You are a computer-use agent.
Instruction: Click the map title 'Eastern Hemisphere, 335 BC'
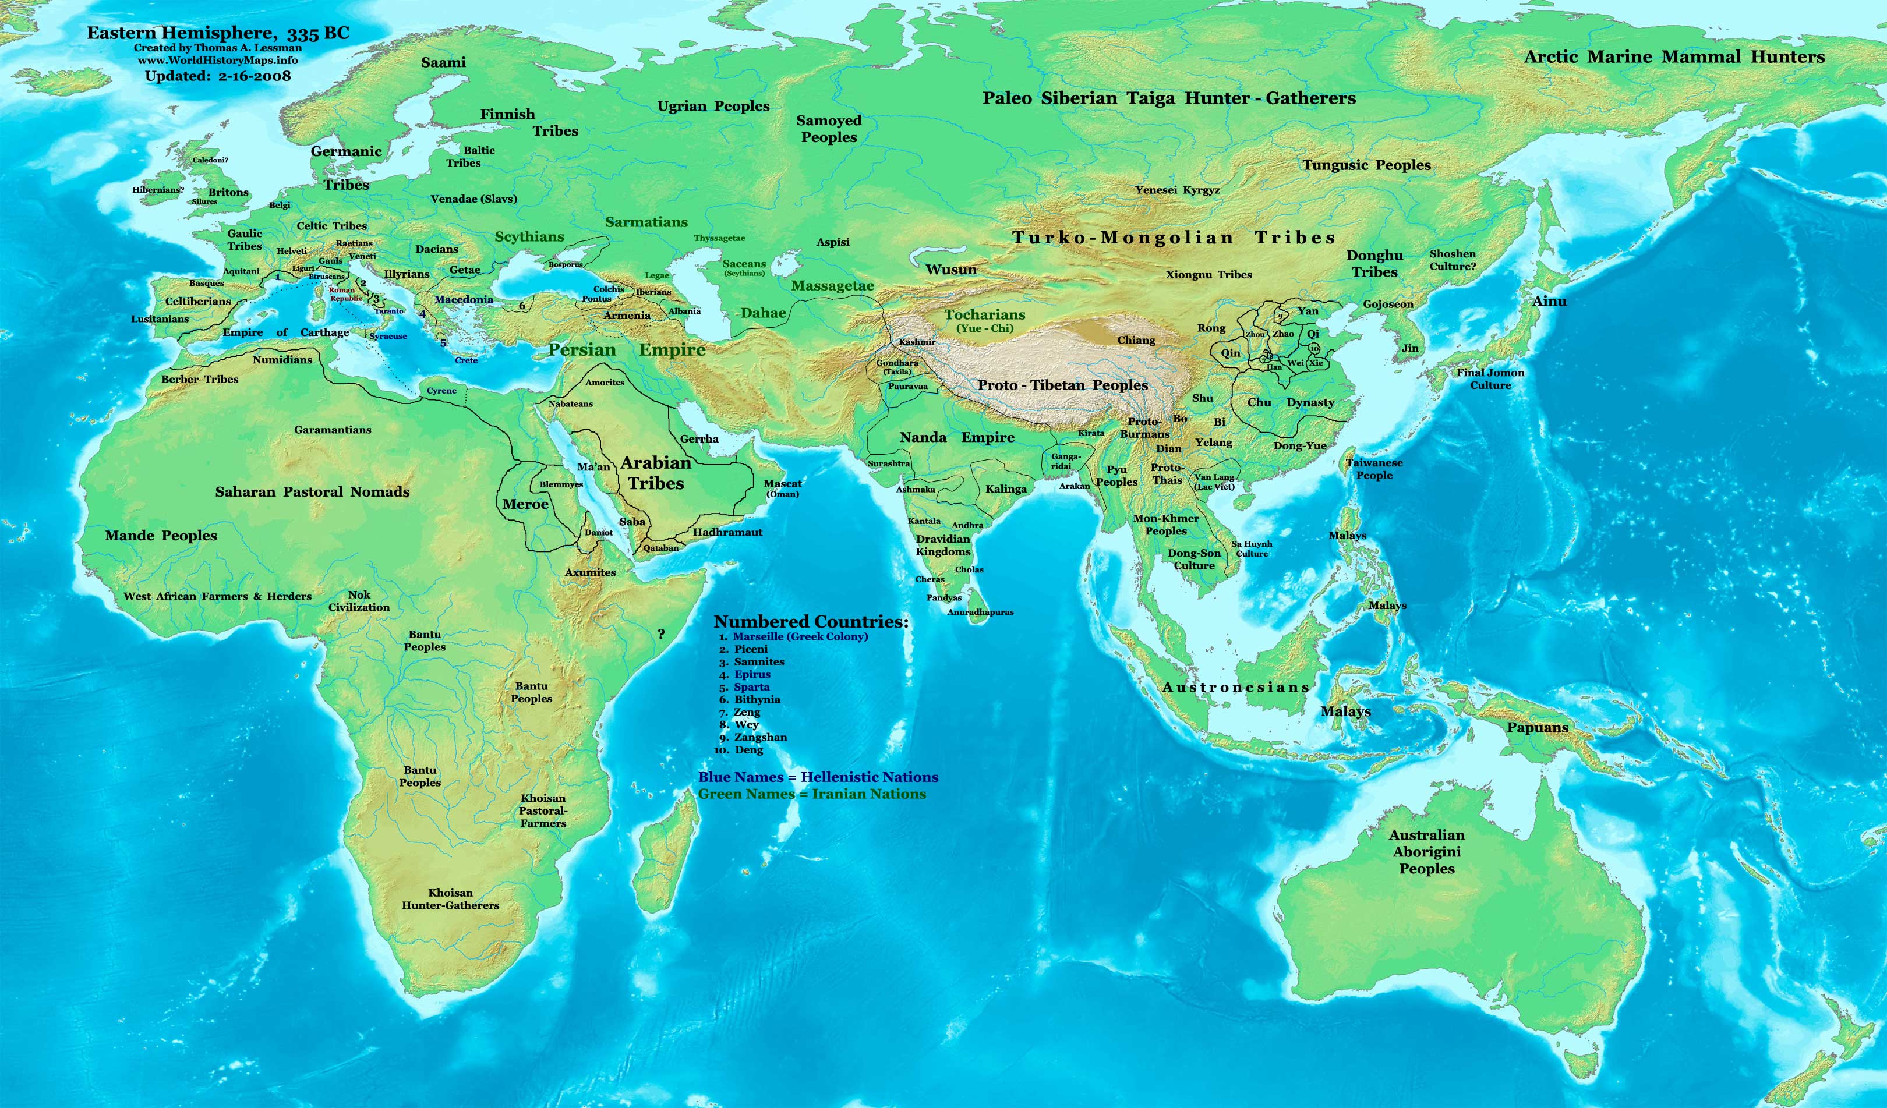[x=218, y=33]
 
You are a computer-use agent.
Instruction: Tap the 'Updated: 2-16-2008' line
[x=218, y=76]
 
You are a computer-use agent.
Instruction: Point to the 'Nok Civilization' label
[x=359, y=601]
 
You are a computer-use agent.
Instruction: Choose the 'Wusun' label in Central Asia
[x=951, y=270]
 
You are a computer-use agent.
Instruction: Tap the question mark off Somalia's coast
[x=660, y=634]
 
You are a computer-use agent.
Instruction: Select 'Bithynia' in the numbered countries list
[x=757, y=699]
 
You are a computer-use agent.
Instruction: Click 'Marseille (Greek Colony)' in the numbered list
[x=800, y=636]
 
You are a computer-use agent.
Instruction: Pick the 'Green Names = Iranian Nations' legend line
[x=812, y=794]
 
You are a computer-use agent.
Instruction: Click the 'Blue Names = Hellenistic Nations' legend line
[x=818, y=777]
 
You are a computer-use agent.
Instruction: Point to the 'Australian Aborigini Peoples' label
[x=1426, y=852]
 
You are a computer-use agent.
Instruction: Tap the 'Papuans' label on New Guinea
[x=1538, y=728]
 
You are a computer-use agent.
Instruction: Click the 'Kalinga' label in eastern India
[x=1006, y=489]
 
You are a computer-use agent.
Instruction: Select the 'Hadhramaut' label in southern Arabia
[x=727, y=532]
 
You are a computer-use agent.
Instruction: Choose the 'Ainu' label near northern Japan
[x=1549, y=301]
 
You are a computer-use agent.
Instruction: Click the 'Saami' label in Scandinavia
[x=443, y=62]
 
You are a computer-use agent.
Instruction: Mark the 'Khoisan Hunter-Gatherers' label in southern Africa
[x=450, y=899]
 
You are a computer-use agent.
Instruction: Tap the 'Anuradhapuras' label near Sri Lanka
[x=980, y=613]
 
